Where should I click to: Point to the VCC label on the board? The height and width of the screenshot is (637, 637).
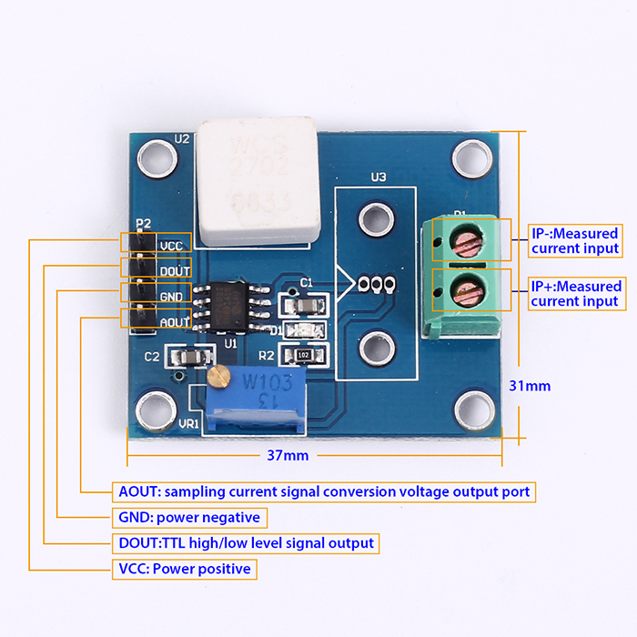pyautogui.click(x=171, y=245)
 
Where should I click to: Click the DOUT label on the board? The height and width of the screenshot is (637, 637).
pyautogui.click(x=174, y=270)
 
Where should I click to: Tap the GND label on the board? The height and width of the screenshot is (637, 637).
pyautogui.click(x=171, y=296)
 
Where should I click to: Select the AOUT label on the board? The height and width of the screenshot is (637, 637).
pyautogui.click(x=174, y=321)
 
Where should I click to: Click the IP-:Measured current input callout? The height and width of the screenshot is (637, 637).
pyautogui.click(x=575, y=240)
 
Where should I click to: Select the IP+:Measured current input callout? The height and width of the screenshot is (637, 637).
pyautogui.click(x=575, y=293)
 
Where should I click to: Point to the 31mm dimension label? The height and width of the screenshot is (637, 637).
pyautogui.click(x=530, y=385)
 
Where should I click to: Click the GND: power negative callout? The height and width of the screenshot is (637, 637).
pyautogui.click(x=189, y=517)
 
